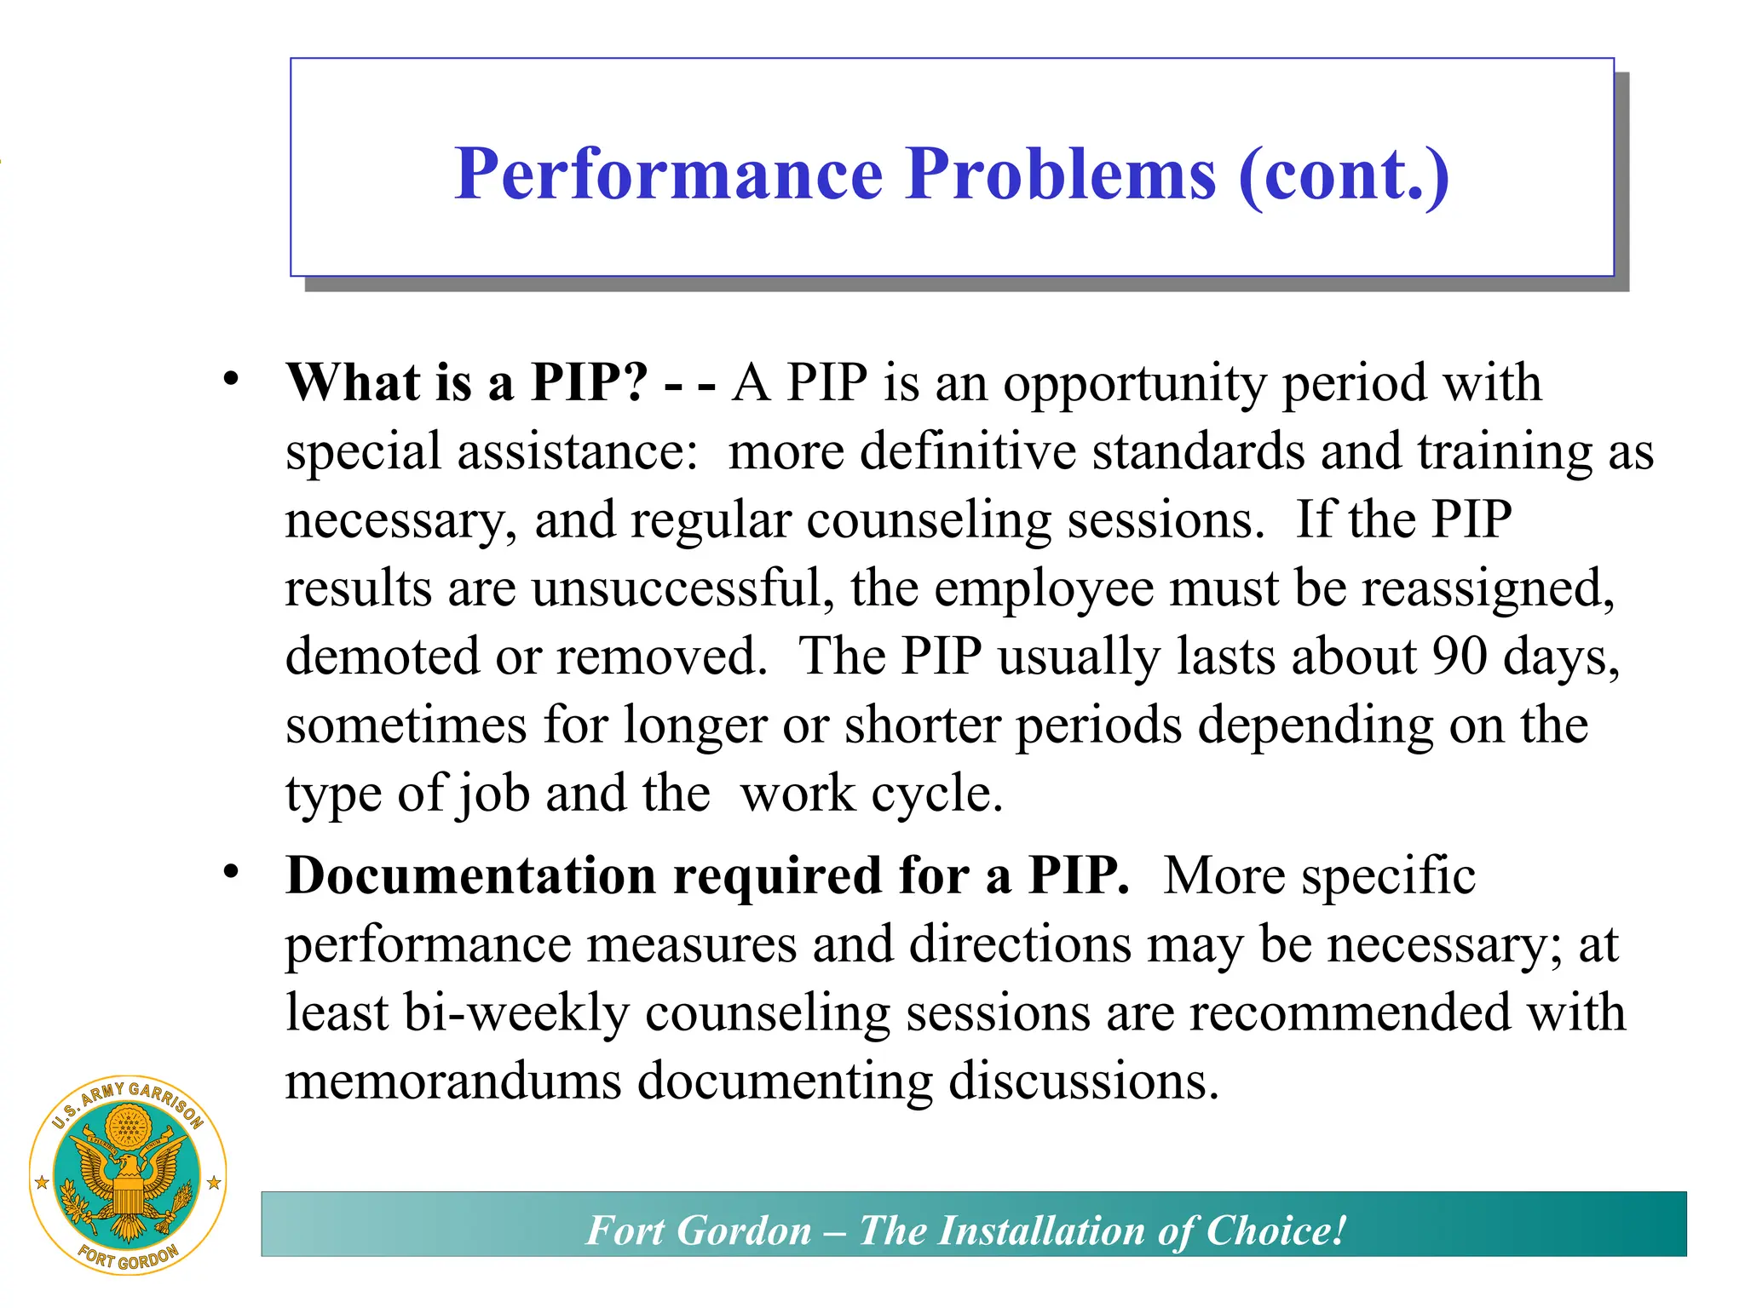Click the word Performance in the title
[668, 174]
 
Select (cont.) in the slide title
[1343, 174]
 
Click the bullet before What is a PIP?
[231, 380]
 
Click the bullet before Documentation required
[231, 872]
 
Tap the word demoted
[383, 656]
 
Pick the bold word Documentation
[471, 875]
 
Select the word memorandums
[453, 1081]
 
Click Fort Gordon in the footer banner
[699, 1231]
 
